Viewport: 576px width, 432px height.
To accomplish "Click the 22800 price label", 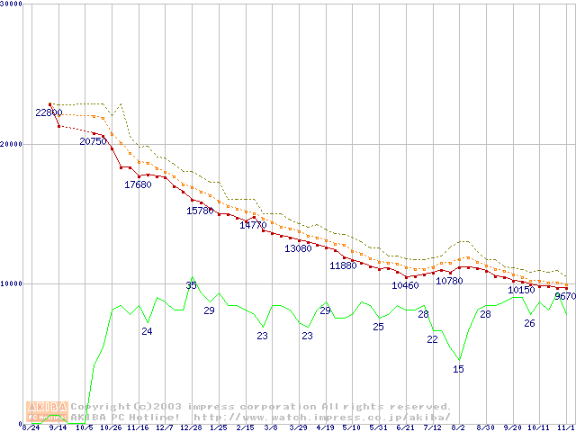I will pos(49,112).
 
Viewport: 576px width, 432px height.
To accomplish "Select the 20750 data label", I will pos(93,141).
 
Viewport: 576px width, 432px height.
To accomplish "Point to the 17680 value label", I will pos(138,184).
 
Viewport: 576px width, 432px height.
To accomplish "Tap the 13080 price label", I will pos(298,248).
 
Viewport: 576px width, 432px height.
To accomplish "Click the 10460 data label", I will pos(405,285).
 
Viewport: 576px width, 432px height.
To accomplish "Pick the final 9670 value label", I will pos(565,296).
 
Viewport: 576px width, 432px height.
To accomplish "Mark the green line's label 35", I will pos(191,285).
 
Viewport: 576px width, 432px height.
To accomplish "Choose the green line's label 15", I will pos(458,369).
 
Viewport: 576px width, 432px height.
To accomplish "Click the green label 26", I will pos(529,323).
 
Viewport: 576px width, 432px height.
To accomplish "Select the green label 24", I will pos(147,331).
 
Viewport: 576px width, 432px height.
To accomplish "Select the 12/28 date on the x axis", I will pos(191,427).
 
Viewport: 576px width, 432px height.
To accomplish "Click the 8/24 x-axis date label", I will pos(31,427).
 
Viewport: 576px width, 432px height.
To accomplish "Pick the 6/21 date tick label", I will pos(405,427).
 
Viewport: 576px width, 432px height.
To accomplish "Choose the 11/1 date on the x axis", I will pos(564,427).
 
